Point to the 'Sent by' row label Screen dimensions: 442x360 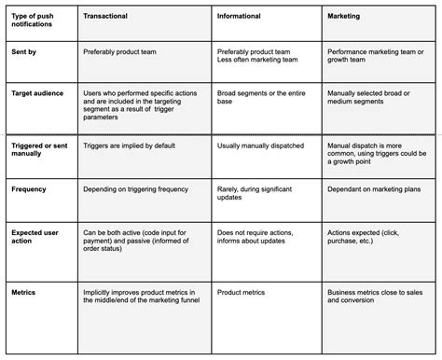pos(24,54)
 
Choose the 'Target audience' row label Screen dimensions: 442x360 pos(36,94)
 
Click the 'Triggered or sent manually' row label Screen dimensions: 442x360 pos(41,150)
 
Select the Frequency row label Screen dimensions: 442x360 pos(30,188)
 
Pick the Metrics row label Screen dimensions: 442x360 pos(24,291)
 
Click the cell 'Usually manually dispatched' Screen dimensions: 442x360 pos(259,146)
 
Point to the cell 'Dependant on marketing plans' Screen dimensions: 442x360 pos(374,188)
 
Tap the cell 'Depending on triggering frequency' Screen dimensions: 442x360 pos(137,188)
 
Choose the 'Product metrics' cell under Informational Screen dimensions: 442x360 pos(242,291)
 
